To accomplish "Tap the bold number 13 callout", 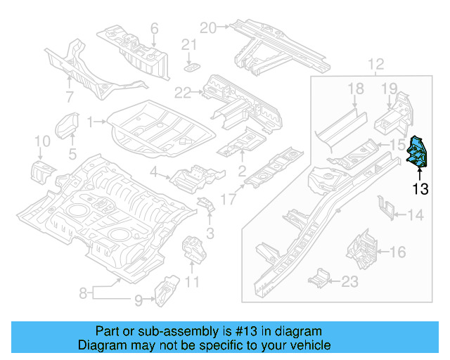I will pyautogui.click(x=420, y=188).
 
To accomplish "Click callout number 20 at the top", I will pyautogui.click(x=207, y=27).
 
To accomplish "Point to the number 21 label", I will pyautogui.click(x=188, y=44).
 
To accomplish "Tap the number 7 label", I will pyautogui.click(x=70, y=96).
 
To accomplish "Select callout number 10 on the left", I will pyautogui.click(x=41, y=144).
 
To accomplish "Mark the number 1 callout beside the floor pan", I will pyautogui.click(x=90, y=122).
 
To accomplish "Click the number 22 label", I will pyautogui.click(x=182, y=92).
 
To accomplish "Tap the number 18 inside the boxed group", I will pyautogui.click(x=356, y=88).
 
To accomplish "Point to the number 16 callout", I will pyautogui.click(x=398, y=251).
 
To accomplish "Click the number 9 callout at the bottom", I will pyautogui.click(x=139, y=301).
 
